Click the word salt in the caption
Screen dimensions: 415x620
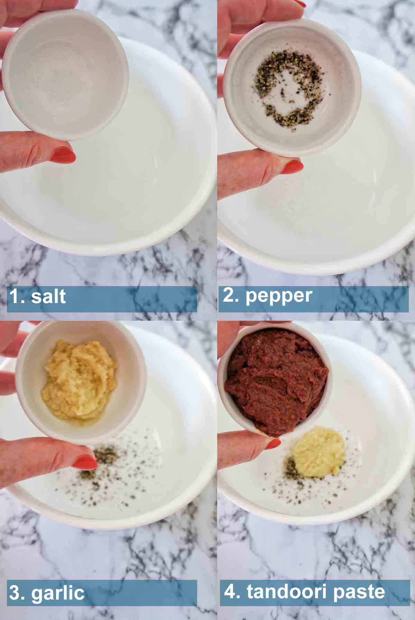[48, 297]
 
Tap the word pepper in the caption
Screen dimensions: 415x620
[279, 296]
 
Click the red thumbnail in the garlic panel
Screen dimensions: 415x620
[85, 462]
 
